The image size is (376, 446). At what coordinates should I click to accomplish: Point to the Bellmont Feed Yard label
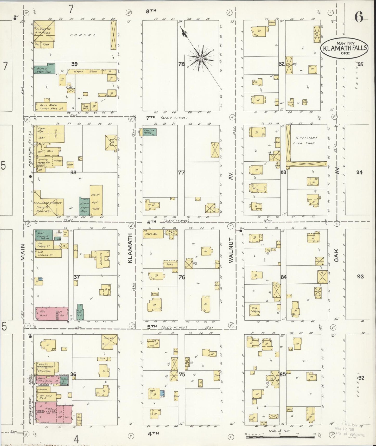(x=307, y=141)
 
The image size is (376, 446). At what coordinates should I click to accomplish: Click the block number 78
(x=181, y=64)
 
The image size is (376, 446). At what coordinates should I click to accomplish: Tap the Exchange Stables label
(x=48, y=202)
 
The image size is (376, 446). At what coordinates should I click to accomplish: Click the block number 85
(x=283, y=375)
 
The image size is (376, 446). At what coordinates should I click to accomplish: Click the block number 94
(x=359, y=172)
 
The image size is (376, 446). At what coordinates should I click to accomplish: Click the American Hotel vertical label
(x=30, y=148)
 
